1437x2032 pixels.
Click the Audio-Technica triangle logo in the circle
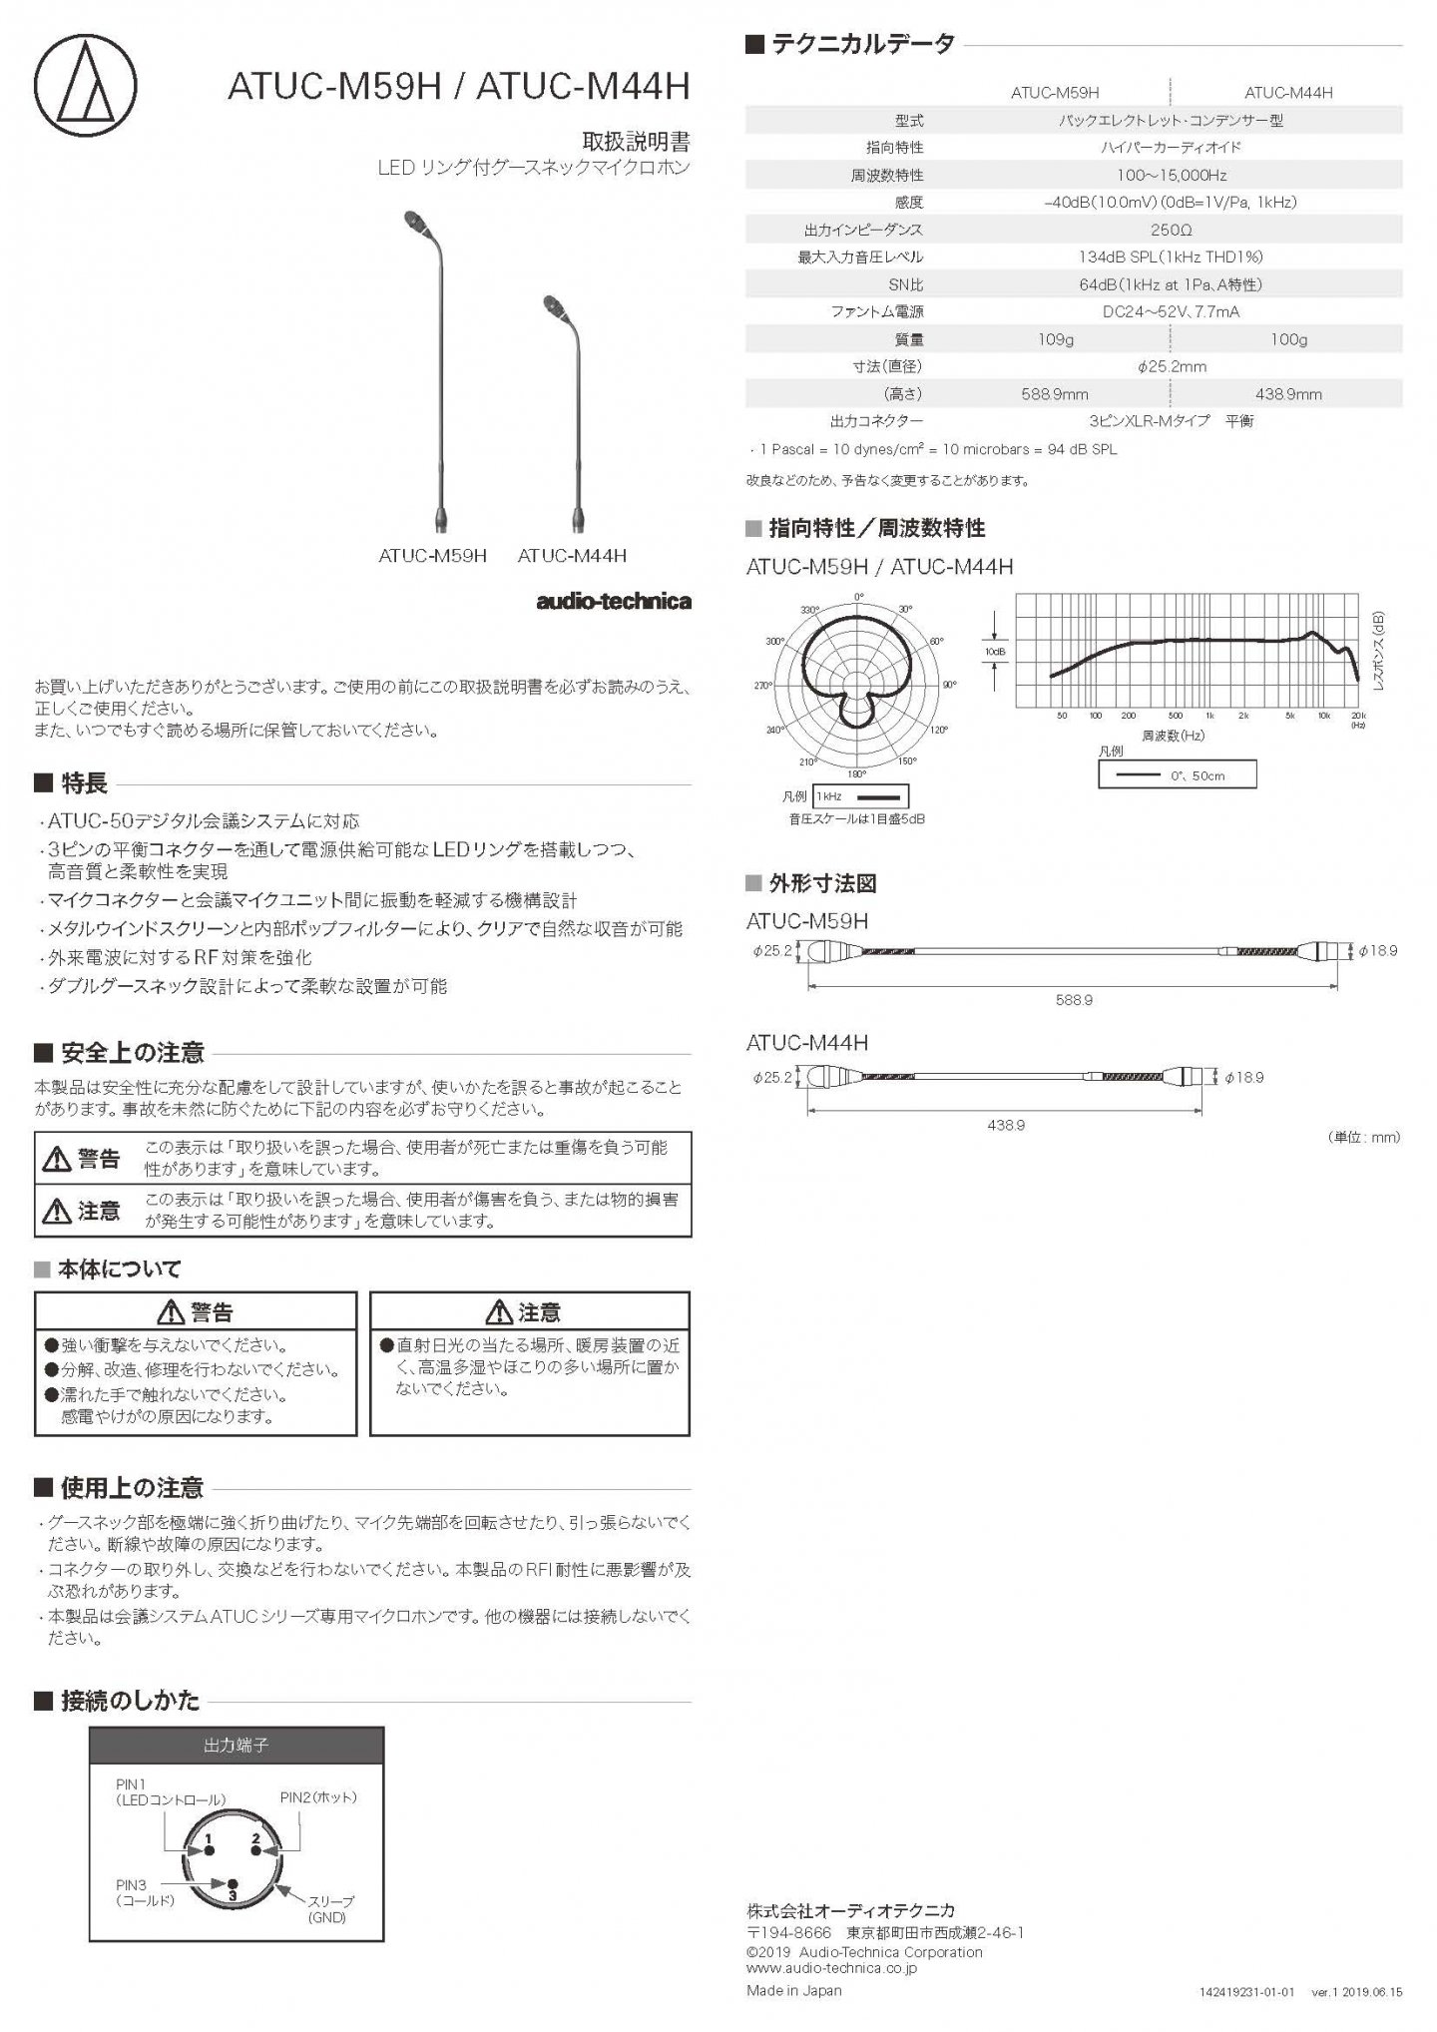86,86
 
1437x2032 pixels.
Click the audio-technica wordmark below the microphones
613,601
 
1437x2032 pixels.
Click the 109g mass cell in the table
1055,339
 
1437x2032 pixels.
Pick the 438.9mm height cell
1288,394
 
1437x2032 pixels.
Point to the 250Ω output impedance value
1171,230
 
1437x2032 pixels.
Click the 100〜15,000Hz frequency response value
1171,175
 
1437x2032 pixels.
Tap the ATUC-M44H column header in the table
1287,93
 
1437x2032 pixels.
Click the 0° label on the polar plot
859,598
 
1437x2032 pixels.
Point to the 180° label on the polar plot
857,773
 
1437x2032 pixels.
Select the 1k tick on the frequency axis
1209,717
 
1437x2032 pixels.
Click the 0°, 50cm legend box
1177,775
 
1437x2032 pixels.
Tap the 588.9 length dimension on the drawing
1074,999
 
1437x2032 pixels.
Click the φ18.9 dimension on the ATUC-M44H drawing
1243,1078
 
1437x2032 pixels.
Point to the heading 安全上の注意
133,1053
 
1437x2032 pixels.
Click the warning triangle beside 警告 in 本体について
172,1312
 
